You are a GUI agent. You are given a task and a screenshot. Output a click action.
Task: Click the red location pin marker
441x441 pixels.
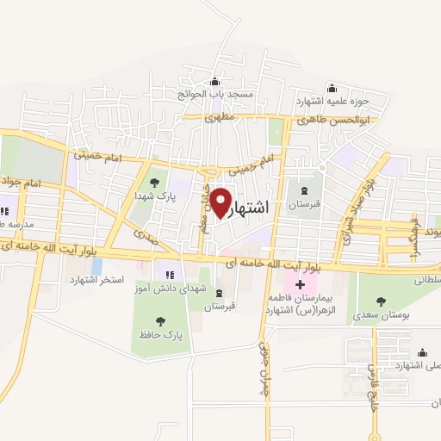pos(221,202)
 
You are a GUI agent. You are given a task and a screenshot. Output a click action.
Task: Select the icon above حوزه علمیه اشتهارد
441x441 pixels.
pos(332,88)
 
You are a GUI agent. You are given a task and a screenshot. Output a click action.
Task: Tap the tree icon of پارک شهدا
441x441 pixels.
pos(154,182)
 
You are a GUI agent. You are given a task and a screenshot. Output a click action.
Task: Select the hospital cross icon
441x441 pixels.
pos(300,285)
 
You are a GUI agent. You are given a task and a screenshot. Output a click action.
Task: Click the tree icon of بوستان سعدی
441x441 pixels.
pos(381,301)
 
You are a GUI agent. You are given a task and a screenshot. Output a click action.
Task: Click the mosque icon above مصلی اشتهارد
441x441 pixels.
pos(422,352)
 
